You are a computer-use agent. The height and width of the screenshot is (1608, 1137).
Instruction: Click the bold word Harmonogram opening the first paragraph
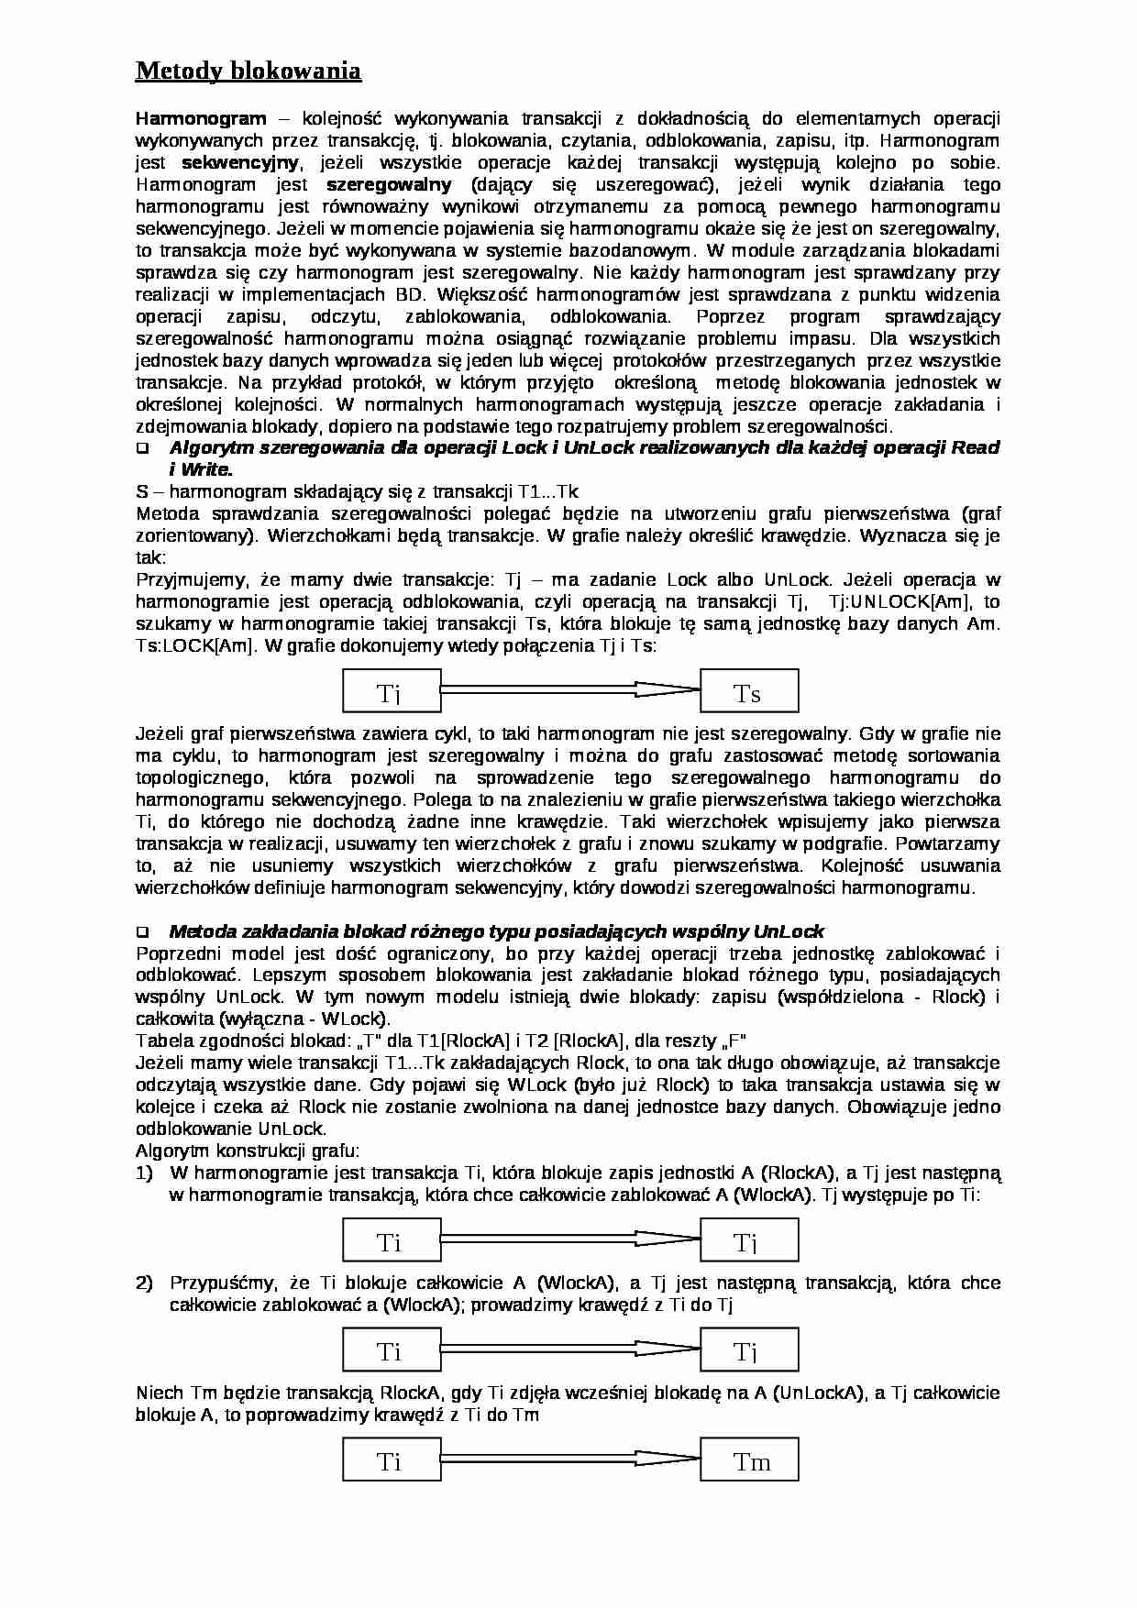(201, 118)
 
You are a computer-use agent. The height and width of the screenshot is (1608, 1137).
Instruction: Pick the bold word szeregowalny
(389, 184)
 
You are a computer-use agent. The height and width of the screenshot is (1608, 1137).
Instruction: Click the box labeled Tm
(749, 1461)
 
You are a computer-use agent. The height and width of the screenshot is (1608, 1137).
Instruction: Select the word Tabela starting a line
(160, 1041)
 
